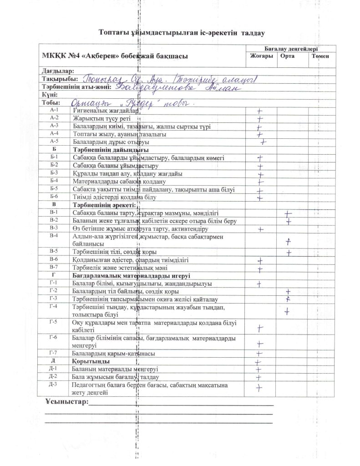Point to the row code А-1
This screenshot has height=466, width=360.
click(x=55, y=111)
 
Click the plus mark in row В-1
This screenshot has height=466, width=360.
click(x=288, y=213)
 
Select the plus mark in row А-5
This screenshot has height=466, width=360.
click(x=263, y=142)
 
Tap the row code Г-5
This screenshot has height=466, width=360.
click(x=54, y=323)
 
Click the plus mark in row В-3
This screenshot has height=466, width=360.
click(x=261, y=228)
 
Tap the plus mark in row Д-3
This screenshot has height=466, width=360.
click(x=260, y=387)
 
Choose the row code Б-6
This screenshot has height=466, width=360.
click(x=54, y=197)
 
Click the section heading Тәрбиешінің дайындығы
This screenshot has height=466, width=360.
click(x=111, y=150)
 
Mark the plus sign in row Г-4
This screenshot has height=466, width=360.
click(x=287, y=311)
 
